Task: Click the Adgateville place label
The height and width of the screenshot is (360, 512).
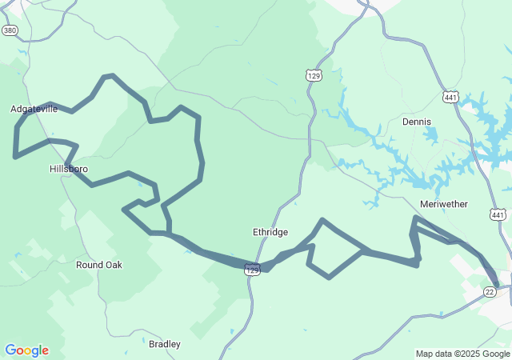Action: coord(34,109)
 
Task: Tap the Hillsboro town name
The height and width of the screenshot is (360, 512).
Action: coord(69,170)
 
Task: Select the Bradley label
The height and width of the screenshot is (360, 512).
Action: coord(165,344)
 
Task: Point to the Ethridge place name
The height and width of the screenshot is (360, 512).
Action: coord(270,232)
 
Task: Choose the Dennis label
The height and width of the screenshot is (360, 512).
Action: coord(416,122)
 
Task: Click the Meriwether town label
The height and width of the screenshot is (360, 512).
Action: coord(443,204)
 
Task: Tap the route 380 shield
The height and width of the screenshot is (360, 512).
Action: coord(10,30)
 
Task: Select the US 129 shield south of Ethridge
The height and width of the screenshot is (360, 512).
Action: coord(253,270)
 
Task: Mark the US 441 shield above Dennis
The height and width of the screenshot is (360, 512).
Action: coord(450,96)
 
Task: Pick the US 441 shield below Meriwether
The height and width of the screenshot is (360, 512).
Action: coord(498,215)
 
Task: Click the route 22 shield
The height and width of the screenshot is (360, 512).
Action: coord(490,293)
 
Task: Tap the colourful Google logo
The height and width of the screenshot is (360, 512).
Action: coord(26,350)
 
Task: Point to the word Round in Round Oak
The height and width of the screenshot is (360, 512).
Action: coord(89,265)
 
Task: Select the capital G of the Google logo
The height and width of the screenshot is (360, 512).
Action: coord(10,350)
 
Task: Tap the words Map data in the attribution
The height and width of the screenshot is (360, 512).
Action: coord(434,354)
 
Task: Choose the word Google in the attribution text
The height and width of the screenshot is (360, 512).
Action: coord(497,354)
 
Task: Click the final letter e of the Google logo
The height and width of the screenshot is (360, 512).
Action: coord(45,351)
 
